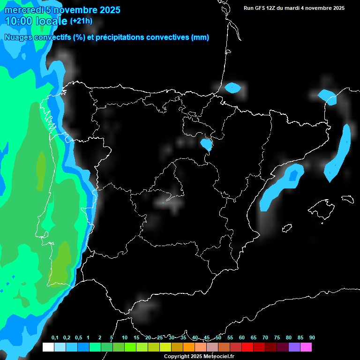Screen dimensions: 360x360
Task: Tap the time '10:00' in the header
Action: (x=19, y=21)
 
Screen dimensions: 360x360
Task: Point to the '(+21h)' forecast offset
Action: (x=81, y=21)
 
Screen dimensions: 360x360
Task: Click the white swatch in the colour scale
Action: (x=48, y=347)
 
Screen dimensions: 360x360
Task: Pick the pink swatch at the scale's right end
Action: (x=306, y=347)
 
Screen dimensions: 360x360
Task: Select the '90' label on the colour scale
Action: (x=312, y=338)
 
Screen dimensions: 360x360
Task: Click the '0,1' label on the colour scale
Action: (x=55, y=338)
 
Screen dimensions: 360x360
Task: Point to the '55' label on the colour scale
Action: (x=230, y=338)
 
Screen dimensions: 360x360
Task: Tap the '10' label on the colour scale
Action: (x=125, y=338)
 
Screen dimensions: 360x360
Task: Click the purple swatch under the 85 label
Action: (x=294, y=347)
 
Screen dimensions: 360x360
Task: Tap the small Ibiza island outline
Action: (x=287, y=228)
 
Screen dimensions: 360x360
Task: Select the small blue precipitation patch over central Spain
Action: (x=206, y=144)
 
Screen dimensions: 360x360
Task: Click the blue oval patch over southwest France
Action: (x=232, y=87)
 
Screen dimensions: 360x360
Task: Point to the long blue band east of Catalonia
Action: (x=339, y=152)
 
